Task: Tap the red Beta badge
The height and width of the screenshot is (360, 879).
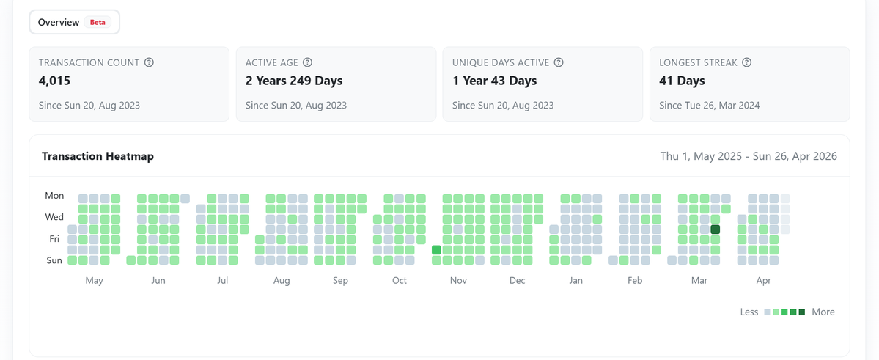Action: pyautogui.click(x=98, y=22)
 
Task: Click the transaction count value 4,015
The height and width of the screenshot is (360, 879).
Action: pyautogui.click(x=54, y=81)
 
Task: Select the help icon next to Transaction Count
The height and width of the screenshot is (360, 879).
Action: pyautogui.click(x=149, y=62)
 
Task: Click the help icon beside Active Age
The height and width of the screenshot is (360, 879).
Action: pyautogui.click(x=308, y=62)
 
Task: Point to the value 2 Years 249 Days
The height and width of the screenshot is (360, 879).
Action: pyautogui.click(x=294, y=81)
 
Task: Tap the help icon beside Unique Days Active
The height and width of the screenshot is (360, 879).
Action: pyautogui.click(x=559, y=62)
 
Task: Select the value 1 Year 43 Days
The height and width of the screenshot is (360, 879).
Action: pyautogui.click(x=494, y=81)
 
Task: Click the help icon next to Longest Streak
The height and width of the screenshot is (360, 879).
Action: pyautogui.click(x=746, y=62)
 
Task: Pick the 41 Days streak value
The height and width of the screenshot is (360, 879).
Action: pyautogui.click(x=682, y=81)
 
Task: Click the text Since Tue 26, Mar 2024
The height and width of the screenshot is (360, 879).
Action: pyautogui.click(x=709, y=105)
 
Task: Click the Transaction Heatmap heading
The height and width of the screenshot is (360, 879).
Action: pyautogui.click(x=98, y=156)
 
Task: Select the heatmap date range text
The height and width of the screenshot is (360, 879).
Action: pyautogui.click(x=749, y=156)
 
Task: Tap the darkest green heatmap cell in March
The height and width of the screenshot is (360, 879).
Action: pyautogui.click(x=716, y=229)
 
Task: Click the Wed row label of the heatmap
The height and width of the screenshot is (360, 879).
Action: pyautogui.click(x=54, y=217)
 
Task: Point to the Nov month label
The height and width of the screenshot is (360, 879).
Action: pyautogui.click(x=457, y=280)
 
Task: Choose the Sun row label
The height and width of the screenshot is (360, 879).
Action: pyautogui.click(x=54, y=260)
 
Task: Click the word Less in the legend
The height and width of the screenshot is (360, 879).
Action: pyautogui.click(x=749, y=312)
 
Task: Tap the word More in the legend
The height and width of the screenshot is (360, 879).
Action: pyautogui.click(x=823, y=312)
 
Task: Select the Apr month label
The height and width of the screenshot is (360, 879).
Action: pyautogui.click(x=763, y=280)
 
